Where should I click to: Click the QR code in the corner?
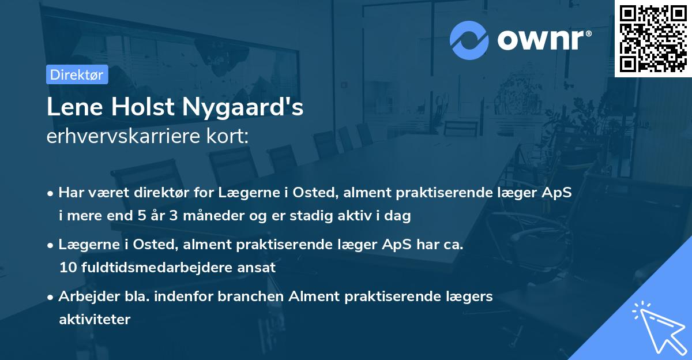(653, 38)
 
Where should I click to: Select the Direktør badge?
(77, 74)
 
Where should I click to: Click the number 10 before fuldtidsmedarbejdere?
(67, 268)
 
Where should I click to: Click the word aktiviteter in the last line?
(95, 319)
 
